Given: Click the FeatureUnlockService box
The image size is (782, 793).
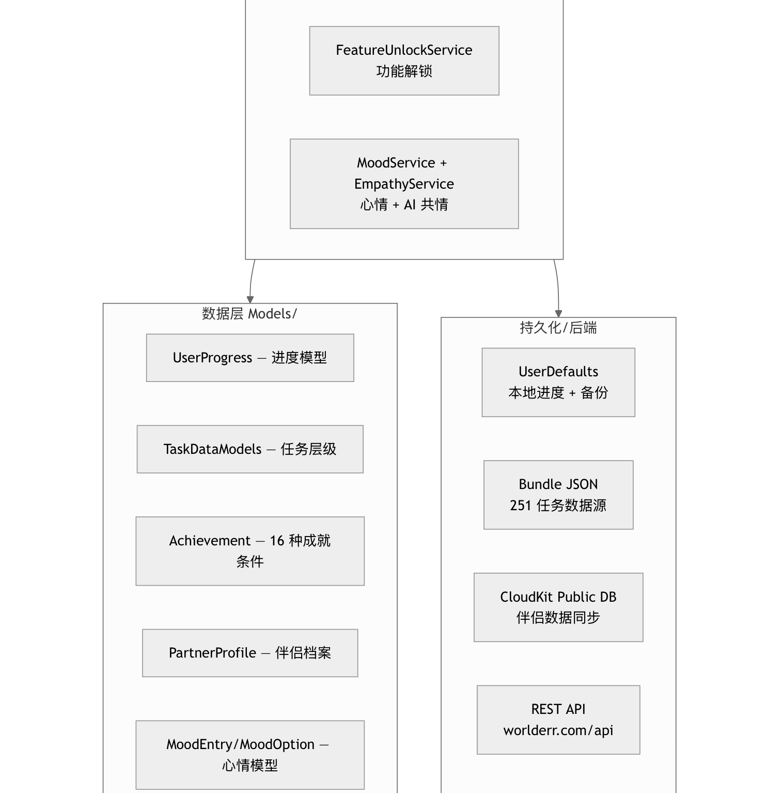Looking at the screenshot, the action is point(404,60).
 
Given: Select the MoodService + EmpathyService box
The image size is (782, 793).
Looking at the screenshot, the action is point(404,184).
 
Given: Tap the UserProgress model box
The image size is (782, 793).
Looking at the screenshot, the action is point(250,358).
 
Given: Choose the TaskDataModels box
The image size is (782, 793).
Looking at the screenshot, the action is point(250,449).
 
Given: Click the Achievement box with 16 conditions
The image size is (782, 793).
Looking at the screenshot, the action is point(250,551).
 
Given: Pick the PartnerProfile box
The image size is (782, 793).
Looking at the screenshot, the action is point(250,653).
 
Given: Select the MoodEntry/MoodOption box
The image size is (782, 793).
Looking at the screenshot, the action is point(250,755).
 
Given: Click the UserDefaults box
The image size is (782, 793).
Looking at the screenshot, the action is point(558,382).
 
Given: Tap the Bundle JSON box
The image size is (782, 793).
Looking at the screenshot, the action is point(558,495).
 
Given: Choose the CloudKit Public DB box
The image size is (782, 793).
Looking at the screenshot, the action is point(558,607).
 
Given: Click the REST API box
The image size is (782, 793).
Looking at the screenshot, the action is point(558,720).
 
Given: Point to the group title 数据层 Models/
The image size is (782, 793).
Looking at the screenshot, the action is point(249,314).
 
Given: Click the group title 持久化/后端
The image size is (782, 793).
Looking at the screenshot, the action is point(558,328).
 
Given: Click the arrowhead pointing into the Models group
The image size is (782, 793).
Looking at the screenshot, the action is point(251,300).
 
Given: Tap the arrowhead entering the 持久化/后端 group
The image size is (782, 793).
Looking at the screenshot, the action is point(558,314).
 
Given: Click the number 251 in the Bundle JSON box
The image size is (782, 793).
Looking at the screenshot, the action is point(521,506).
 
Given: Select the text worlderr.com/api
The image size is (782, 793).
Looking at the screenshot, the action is point(558,730).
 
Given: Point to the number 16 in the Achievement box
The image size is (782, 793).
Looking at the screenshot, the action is point(277,541).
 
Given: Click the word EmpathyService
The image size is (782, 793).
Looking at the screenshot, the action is point(404,184).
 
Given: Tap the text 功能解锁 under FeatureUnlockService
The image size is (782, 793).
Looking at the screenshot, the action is point(404,71).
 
